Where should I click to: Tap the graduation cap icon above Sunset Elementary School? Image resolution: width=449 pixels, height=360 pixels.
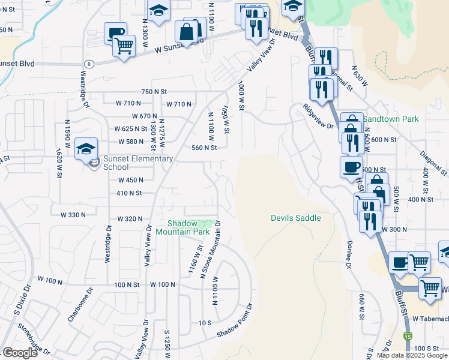(x=86, y=148)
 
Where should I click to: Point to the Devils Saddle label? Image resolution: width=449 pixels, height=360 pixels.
(x=295, y=218)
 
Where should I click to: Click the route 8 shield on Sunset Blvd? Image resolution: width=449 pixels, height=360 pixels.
(x=89, y=64)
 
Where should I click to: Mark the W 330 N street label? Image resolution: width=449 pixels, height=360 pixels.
(x=73, y=214)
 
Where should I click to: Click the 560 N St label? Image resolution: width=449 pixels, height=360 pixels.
(x=203, y=148)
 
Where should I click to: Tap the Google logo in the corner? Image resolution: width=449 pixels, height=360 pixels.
(x=20, y=353)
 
